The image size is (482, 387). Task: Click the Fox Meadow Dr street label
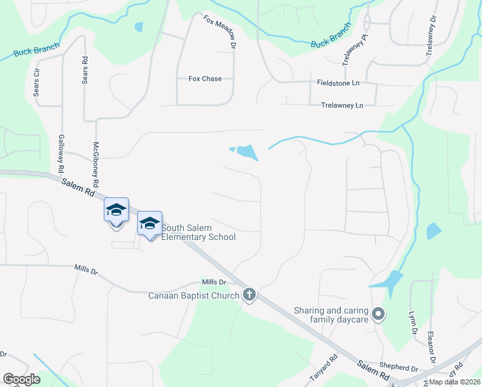(218, 32)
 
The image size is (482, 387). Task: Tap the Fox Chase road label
(205, 79)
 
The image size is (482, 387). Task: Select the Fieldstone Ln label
(338, 83)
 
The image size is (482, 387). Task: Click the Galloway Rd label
(61, 153)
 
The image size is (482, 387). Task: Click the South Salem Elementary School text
(198, 232)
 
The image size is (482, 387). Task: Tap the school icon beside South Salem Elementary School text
(149, 223)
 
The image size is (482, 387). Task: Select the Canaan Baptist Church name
(193, 296)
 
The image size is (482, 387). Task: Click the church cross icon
(249, 295)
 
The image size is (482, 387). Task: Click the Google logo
(22, 379)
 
